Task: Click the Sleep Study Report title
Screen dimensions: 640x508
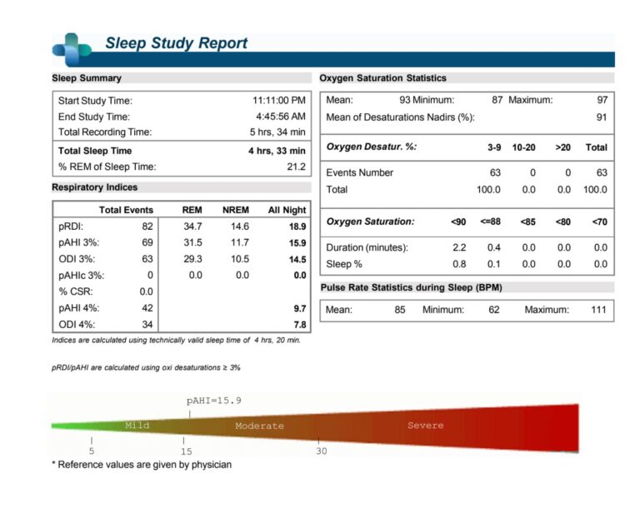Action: [x=177, y=42]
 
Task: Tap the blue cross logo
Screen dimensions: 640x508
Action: [x=72, y=49]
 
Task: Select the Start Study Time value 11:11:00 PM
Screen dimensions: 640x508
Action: [x=279, y=101]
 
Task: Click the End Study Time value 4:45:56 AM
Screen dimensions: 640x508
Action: [x=281, y=117]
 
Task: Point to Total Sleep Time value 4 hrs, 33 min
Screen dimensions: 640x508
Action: [x=277, y=151]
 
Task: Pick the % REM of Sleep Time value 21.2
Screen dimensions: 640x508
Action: [x=297, y=167]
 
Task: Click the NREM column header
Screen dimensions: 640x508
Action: [x=236, y=210]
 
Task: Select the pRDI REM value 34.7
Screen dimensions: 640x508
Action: [x=192, y=227]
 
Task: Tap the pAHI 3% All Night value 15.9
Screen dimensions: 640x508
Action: [x=297, y=243]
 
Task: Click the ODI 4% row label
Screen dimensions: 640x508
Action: [x=77, y=325]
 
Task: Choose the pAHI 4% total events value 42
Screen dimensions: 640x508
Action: [x=147, y=308]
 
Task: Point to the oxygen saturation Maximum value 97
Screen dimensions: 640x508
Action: [x=602, y=100]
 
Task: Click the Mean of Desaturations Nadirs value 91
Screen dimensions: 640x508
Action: [x=602, y=117]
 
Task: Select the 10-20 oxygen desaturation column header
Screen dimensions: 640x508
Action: [x=523, y=147]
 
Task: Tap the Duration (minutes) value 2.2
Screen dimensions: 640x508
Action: [x=459, y=247]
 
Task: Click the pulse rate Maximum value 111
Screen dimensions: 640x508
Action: [x=599, y=310]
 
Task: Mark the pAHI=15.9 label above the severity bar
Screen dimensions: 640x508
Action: [x=214, y=401]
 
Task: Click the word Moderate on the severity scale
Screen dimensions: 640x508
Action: [x=260, y=426]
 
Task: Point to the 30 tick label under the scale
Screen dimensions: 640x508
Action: [x=322, y=451]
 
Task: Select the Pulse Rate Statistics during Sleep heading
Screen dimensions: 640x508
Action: [x=412, y=287]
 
